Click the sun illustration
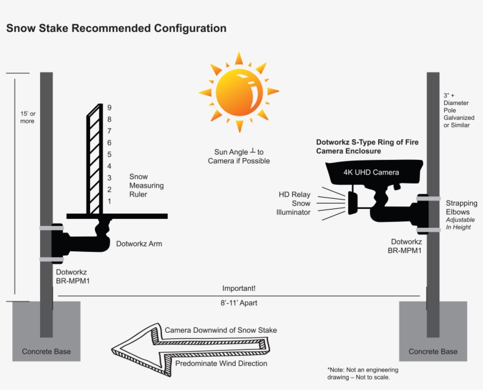(x=239, y=92)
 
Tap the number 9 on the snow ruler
(x=109, y=107)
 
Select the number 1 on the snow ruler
(x=109, y=202)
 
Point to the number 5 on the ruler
(x=109, y=155)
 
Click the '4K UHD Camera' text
(x=371, y=172)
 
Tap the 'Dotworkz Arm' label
(x=138, y=243)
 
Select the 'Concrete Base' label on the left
(x=47, y=352)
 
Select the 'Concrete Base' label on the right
(x=433, y=352)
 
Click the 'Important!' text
(x=239, y=289)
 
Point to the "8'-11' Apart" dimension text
(x=239, y=303)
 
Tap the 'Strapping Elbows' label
(x=461, y=207)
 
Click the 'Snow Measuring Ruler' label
(x=146, y=185)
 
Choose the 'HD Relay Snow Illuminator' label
(x=294, y=203)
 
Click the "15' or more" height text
(x=27, y=117)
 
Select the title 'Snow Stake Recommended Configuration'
(x=116, y=28)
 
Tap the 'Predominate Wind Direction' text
(x=221, y=363)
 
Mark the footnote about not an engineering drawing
(x=362, y=373)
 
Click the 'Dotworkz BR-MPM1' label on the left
(x=72, y=277)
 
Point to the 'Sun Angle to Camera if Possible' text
(x=239, y=156)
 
